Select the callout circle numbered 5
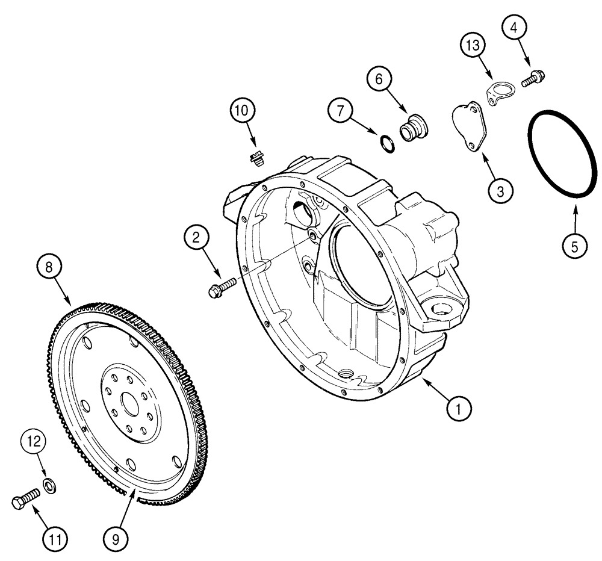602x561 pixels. pos(574,246)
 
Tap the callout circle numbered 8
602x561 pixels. pos(51,267)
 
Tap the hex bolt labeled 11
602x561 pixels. pos(25,498)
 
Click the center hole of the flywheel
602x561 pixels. pos(131,402)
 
